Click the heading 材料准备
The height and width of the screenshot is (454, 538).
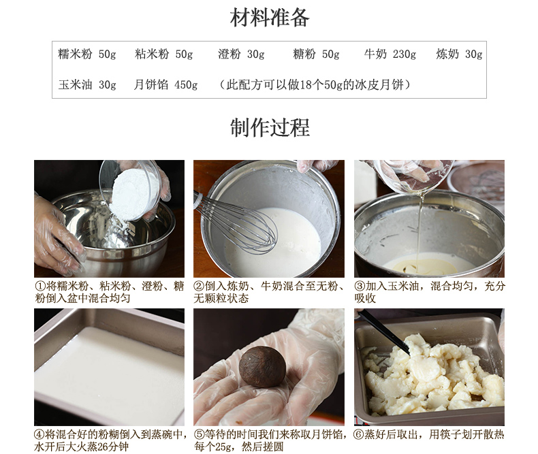click(270, 18)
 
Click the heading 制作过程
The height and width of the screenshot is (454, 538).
click(270, 127)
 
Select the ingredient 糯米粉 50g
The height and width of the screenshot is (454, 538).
click(87, 54)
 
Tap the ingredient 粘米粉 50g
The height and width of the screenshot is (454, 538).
click(163, 54)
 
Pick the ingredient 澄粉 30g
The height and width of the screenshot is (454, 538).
click(241, 54)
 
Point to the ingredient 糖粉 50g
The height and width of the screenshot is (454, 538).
click(316, 54)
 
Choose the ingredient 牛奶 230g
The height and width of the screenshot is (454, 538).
click(390, 54)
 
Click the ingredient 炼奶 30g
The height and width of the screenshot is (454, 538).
click(460, 54)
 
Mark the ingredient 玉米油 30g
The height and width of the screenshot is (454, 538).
click(87, 84)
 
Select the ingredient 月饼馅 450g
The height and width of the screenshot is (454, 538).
click(165, 84)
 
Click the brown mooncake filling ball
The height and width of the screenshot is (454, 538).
click(262, 366)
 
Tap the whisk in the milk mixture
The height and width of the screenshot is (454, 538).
click(237, 221)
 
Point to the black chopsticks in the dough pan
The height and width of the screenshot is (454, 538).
click(383, 331)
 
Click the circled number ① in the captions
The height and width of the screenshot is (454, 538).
click(39, 286)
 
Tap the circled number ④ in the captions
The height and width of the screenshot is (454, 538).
click(39, 434)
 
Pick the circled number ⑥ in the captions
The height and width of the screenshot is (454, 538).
click(358, 434)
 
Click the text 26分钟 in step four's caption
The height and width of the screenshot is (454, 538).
click(113, 447)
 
